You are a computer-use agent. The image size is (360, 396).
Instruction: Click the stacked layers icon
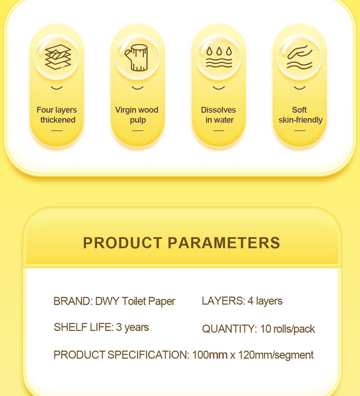coord(58,57)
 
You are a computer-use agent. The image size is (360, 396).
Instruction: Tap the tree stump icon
coord(137,58)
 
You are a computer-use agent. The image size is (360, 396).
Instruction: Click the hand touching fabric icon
coord(300,57)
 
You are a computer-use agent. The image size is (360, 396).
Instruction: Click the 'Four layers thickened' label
coord(57,115)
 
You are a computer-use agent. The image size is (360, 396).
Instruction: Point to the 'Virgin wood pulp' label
coord(137,115)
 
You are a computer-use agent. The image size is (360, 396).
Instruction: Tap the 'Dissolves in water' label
coord(218,115)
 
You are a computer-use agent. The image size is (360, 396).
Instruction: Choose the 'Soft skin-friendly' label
coord(300,115)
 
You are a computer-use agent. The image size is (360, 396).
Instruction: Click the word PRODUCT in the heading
coord(123,243)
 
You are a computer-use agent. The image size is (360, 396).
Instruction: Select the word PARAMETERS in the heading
coord(224,243)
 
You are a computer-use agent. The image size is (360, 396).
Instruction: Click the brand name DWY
coord(107,301)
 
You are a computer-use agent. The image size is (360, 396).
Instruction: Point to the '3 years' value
coord(132,328)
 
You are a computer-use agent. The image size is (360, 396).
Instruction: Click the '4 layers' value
coord(265,301)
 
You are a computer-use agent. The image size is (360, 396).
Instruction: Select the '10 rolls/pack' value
coord(287,329)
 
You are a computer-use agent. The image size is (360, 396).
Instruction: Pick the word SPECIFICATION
coord(148,355)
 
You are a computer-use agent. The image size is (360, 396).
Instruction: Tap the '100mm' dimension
coord(210,355)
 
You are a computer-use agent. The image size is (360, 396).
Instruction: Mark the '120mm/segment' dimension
coord(276,355)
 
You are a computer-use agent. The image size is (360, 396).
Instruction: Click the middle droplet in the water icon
coord(219,51)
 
